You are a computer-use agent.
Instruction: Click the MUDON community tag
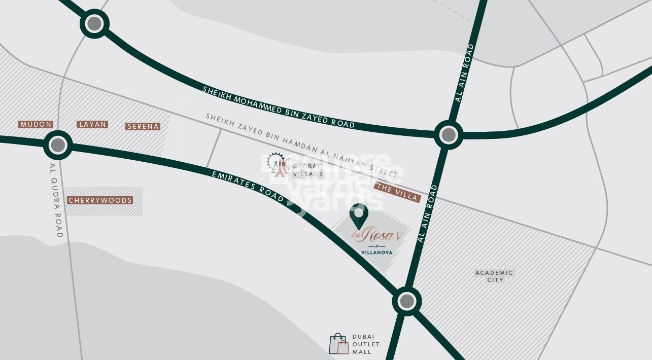(x=36, y=124)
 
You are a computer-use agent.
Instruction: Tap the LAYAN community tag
(x=92, y=124)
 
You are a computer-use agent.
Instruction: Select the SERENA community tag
(x=143, y=126)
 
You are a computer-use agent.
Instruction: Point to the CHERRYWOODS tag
(x=100, y=200)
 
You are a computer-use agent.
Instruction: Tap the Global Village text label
(x=307, y=170)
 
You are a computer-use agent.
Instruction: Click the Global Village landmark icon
(x=278, y=165)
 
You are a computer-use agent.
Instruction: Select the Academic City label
(x=494, y=276)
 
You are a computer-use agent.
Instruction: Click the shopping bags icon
(x=339, y=344)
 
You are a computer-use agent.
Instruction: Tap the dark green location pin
(x=359, y=215)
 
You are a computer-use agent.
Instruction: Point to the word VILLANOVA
(x=376, y=252)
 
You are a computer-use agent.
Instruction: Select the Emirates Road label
(x=248, y=187)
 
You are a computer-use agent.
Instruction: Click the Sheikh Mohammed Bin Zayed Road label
(x=278, y=107)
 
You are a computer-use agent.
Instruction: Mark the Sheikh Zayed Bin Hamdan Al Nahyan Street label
(x=301, y=145)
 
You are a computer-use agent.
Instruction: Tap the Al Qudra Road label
(x=55, y=200)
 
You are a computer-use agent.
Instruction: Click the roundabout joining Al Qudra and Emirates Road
(x=58, y=146)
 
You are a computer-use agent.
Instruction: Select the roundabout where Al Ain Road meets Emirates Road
(x=406, y=302)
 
